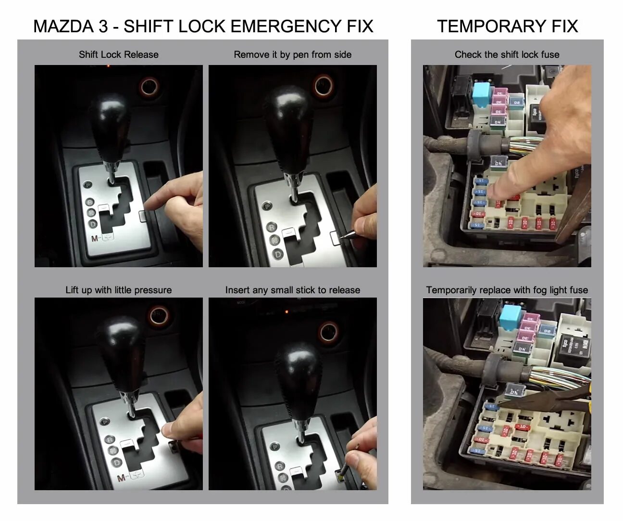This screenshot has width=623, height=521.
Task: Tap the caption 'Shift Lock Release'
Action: [x=118, y=54]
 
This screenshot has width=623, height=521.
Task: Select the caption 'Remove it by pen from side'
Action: [x=292, y=54]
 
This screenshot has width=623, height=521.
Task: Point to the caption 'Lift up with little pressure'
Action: [x=118, y=290]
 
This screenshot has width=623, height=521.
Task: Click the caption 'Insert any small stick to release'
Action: [x=292, y=290]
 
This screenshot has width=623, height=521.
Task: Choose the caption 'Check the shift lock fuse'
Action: [x=507, y=54]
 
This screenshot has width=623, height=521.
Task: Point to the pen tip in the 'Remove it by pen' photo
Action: [x=342, y=236]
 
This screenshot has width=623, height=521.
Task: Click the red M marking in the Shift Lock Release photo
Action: [x=95, y=238]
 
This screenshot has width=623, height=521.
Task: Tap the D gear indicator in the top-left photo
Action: [x=92, y=223]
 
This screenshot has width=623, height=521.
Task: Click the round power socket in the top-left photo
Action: [x=150, y=86]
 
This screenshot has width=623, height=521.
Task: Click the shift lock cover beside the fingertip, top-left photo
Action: [x=143, y=216]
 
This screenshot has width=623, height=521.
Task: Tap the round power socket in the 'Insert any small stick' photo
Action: [x=329, y=332]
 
